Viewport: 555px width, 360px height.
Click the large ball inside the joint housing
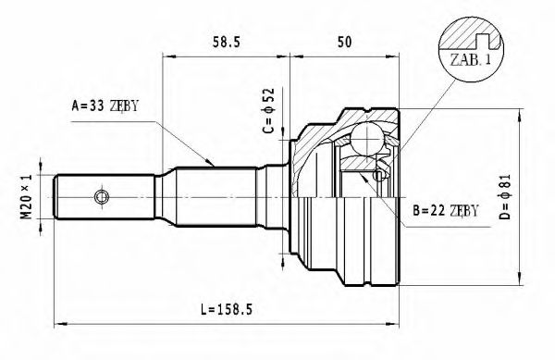(369, 142)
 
